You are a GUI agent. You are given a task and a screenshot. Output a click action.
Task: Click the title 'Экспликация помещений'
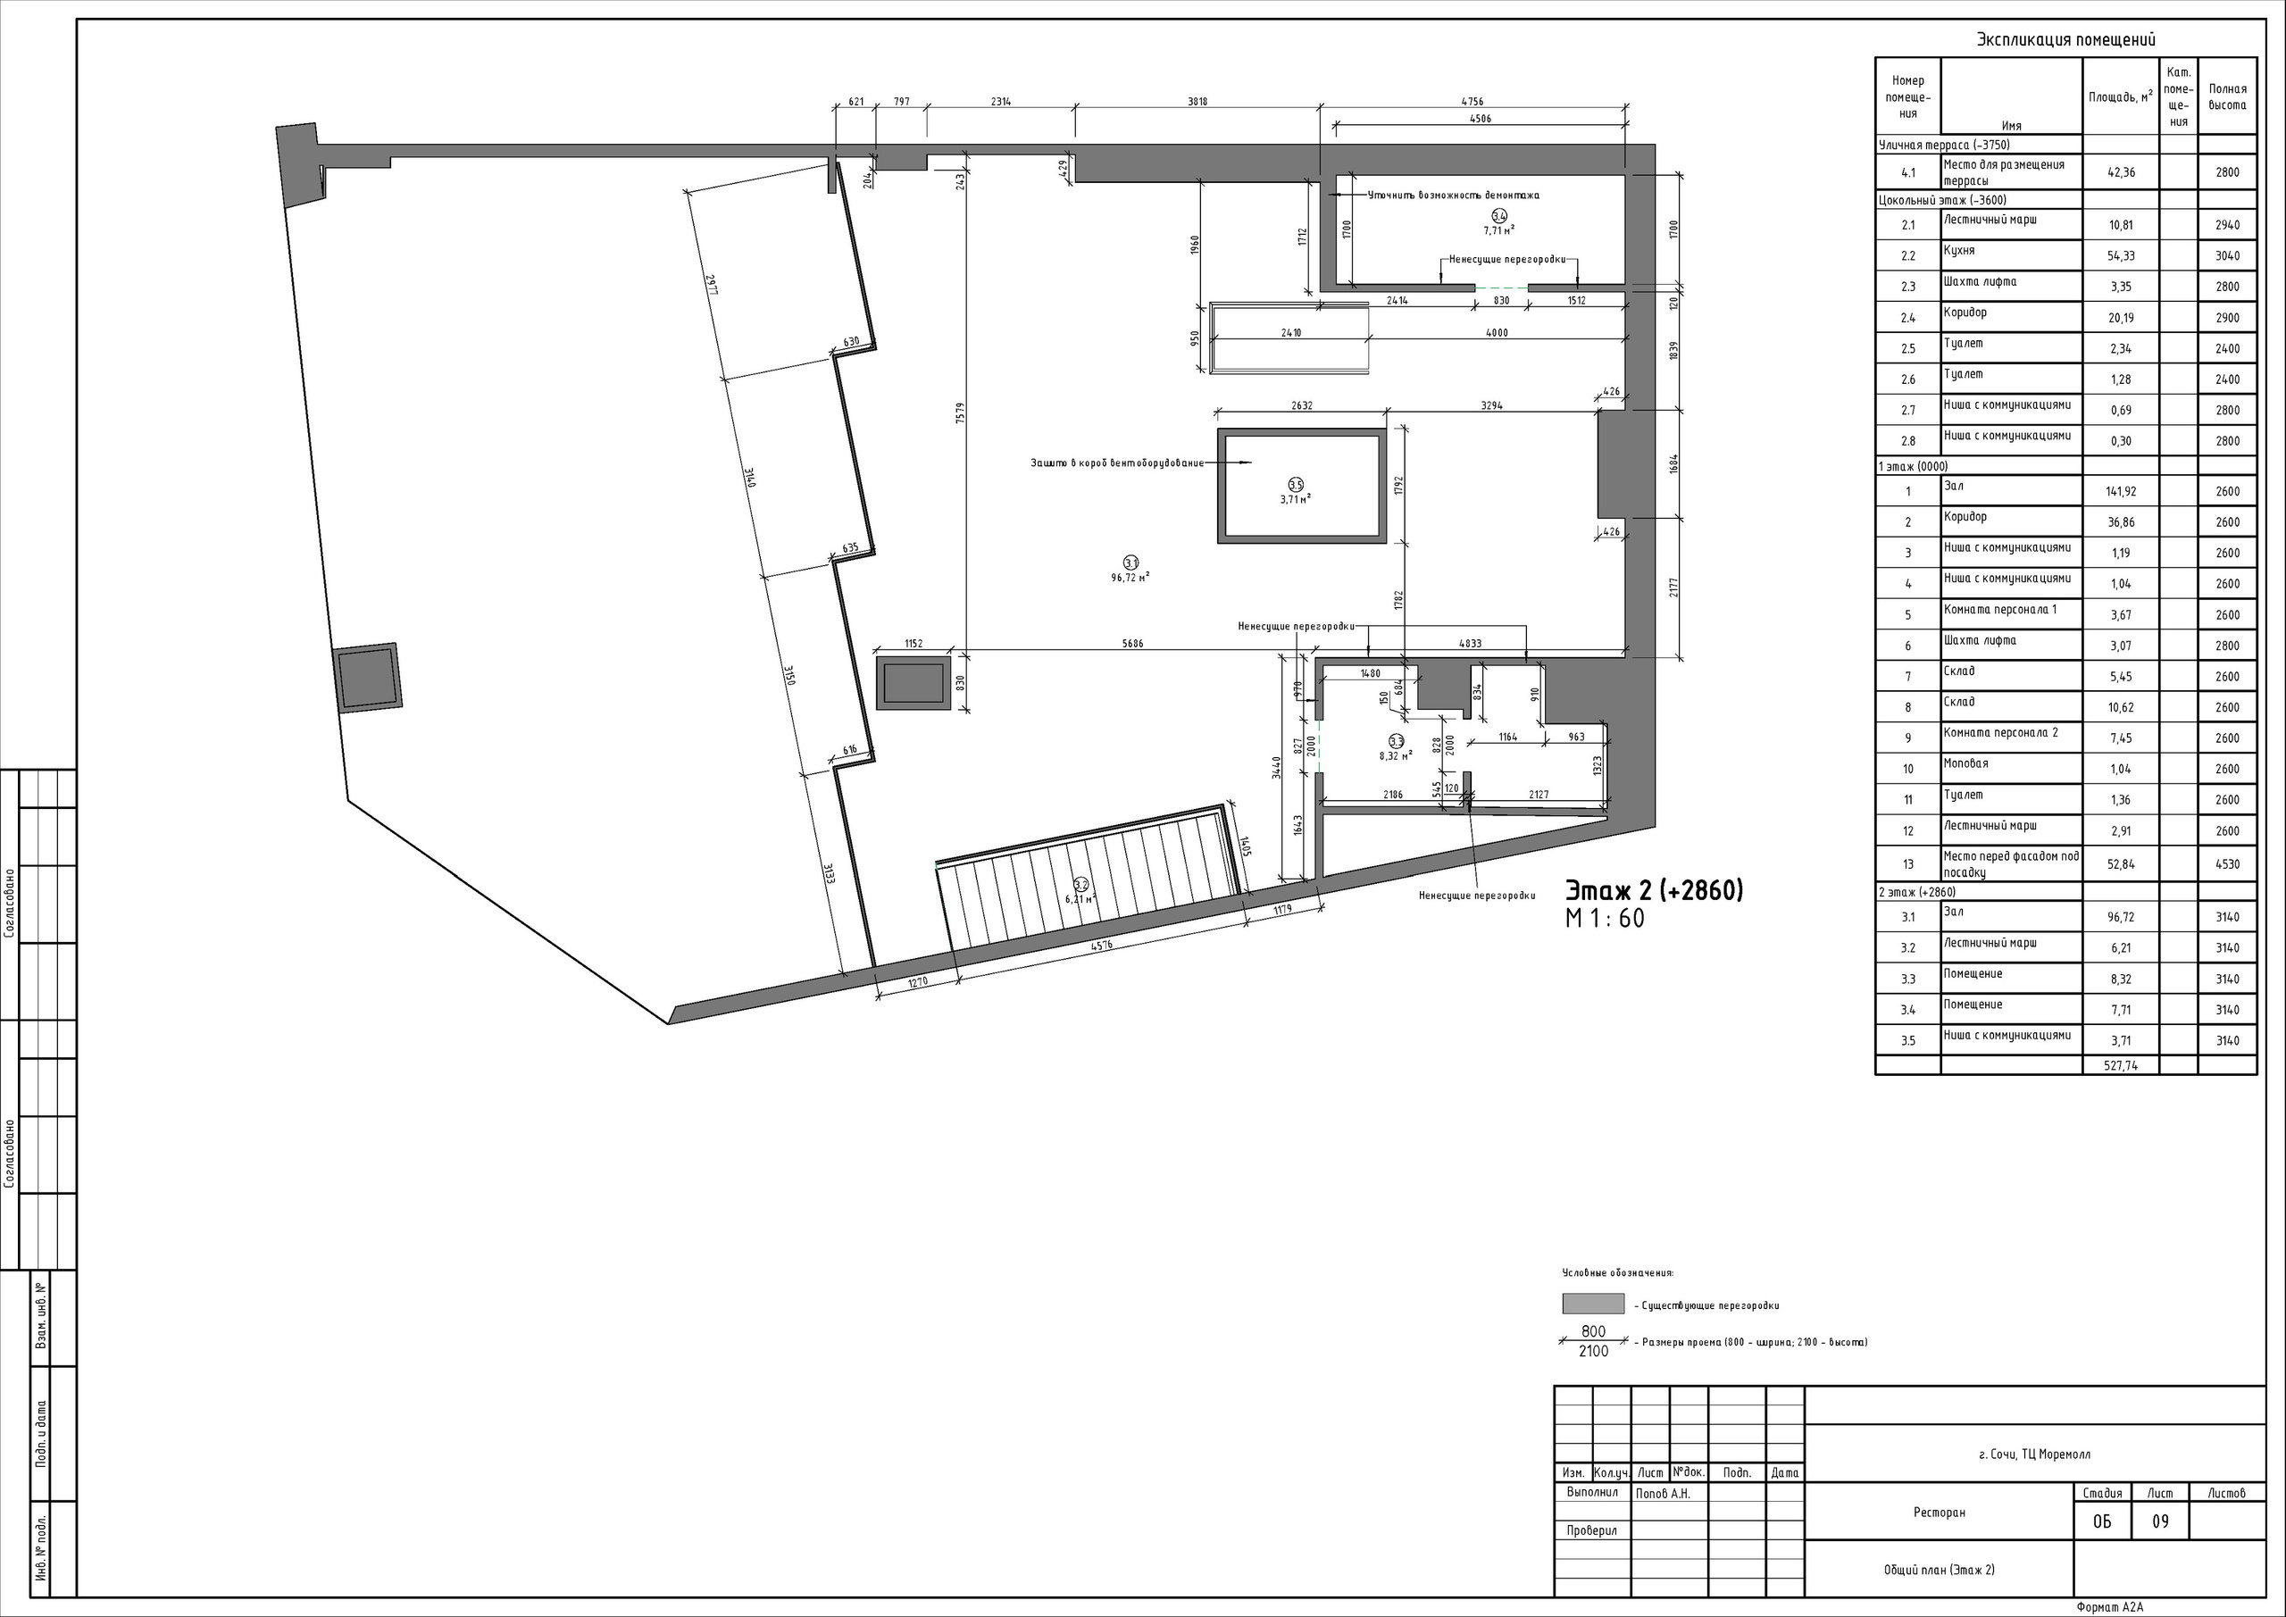(2066, 40)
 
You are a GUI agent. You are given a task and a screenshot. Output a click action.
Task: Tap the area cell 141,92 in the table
(2121, 492)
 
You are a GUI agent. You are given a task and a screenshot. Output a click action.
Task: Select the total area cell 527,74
(2121, 1065)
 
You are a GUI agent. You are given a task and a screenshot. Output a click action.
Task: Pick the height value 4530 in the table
(2227, 864)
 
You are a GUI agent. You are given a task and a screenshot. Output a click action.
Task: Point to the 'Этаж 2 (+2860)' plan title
(1654, 890)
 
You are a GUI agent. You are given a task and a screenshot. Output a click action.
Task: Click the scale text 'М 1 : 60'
(1605, 918)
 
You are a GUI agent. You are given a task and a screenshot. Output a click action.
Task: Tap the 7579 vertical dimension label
(960, 413)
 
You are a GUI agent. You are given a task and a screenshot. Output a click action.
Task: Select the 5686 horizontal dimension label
(1133, 643)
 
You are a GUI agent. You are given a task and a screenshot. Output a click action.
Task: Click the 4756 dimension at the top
(1472, 102)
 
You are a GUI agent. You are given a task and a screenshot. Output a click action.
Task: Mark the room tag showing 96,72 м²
(1131, 570)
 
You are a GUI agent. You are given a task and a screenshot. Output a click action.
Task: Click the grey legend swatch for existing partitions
(1593, 1304)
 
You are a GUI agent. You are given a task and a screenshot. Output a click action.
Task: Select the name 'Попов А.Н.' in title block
(1663, 1494)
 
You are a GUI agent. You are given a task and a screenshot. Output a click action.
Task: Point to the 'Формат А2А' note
(2110, 1607)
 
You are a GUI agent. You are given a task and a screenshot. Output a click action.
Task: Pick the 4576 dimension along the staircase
(1101, 946)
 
